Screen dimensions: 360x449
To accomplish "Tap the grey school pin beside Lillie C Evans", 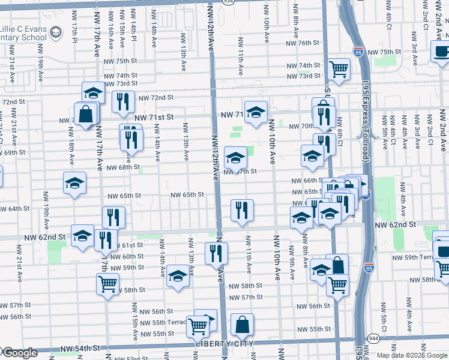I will point(56,32).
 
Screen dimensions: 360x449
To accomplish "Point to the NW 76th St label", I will point(303,43).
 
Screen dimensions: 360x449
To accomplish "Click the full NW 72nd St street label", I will point(156,97).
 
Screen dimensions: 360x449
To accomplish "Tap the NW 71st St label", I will point(154,118).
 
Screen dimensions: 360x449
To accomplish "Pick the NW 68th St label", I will point(123,167).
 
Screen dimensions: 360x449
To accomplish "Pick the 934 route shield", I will point(211,2).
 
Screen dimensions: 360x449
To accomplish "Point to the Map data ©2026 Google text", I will point(411,355).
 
